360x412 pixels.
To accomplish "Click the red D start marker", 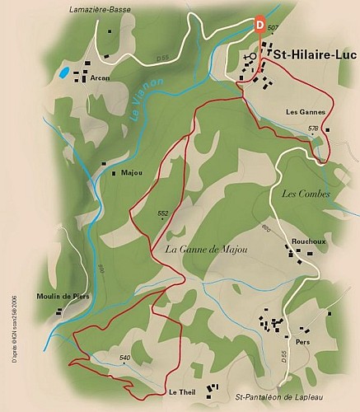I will pos(261,25).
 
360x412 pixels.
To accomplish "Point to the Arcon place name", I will pos(101,78).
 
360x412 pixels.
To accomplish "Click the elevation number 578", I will pos(313,129).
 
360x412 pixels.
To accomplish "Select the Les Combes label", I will pos(306,194).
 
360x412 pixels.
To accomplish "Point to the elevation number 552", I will pos(162,213).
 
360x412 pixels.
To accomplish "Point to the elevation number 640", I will pos(124,357).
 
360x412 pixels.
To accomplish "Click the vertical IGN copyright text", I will pos(13,325).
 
